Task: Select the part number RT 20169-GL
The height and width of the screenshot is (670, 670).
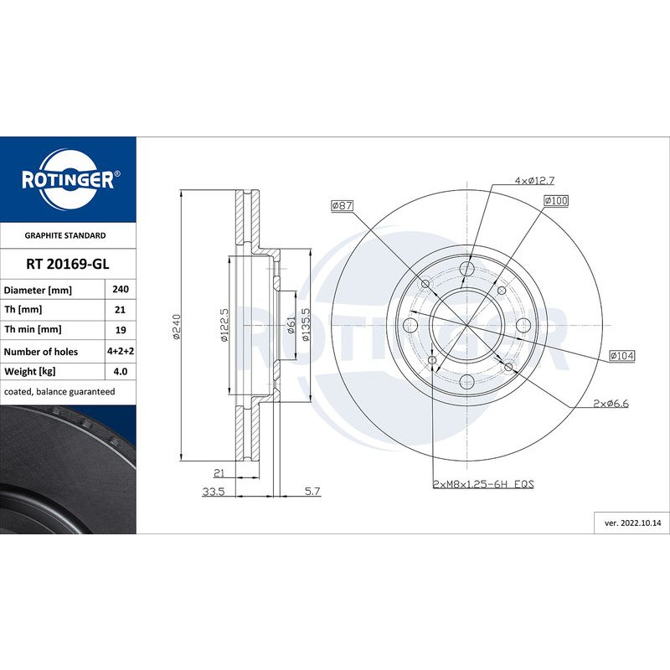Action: pyautogui.click(x=68, y=264)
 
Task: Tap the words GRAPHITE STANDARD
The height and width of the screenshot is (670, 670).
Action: pyautogui.click(x=65, y=235)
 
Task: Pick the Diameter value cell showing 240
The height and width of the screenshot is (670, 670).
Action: pyautogui.click(x=121, y=289)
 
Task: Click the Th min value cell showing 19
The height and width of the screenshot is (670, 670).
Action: pyautogui.click(x=121, y=330)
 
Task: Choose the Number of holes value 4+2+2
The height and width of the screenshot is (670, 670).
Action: pyautogui.click(x=121, y=351)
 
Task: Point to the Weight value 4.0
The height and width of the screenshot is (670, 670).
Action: pyautogui.click(x=121, y=372)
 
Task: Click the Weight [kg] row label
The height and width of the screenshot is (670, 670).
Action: pyautogui.click(x=30, y=372)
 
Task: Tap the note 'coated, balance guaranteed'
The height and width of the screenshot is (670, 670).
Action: pyautogui.click(x=59, y=392)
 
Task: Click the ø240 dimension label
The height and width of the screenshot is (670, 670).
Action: pyautogui.click(x=177, y=327)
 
